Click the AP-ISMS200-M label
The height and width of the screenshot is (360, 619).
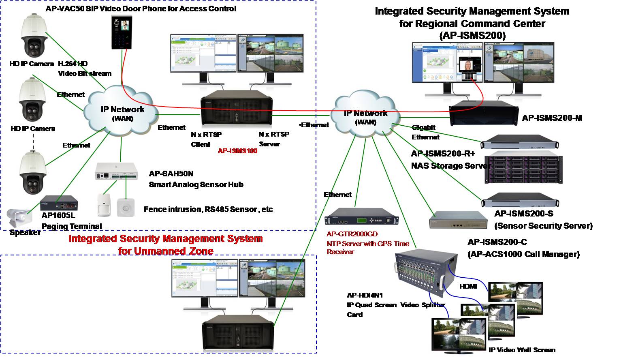click(x=552, y=118)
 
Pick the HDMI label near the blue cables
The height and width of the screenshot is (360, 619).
click(x=468, y=286)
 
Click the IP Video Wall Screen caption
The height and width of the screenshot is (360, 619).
click(x=522, y=350)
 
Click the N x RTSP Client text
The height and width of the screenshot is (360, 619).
click(x=206, y=139)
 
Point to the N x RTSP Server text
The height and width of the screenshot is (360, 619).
click(x=273, y=139)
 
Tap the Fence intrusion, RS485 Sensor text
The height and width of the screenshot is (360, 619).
click(x=208, y=210)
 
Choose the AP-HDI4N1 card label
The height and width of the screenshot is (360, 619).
click(x=365, y=296)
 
